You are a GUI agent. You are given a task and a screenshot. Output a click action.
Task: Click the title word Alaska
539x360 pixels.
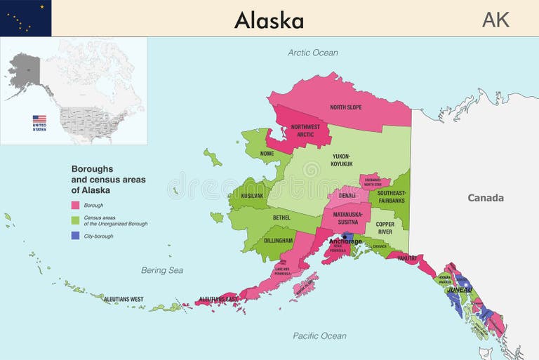point(269,20)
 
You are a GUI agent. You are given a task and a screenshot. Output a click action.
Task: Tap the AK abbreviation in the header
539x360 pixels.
point(495,20)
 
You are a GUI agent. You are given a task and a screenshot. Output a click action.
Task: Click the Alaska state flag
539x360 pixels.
point(25,18)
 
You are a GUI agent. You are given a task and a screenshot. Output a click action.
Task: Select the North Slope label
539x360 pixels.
point(346,107)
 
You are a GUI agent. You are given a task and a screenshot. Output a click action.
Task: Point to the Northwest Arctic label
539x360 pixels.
point(305,131)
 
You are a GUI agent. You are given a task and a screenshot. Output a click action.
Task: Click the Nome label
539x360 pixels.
point(267,153)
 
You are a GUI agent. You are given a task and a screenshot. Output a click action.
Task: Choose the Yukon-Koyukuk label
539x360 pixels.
point(342,160)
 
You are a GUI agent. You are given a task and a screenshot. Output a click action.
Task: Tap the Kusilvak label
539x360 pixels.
point(251,196)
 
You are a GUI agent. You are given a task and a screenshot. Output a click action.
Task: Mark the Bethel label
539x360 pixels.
point(281,218)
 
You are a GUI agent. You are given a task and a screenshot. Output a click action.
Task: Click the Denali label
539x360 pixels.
point(347,196)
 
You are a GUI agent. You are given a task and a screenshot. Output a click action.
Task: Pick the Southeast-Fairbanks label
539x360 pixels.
point(391,196)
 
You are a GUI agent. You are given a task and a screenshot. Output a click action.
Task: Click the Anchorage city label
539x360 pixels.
point(345,241)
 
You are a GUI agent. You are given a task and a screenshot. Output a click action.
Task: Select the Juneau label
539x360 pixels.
point(460,289)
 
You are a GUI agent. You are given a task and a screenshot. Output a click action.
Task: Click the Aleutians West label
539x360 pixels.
point(124,299)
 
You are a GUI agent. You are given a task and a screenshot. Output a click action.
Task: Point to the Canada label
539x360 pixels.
point(486,198)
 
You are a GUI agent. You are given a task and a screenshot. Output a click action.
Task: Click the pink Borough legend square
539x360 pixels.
point(75,205)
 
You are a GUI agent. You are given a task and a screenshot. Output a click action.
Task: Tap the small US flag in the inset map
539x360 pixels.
point(39,119)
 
